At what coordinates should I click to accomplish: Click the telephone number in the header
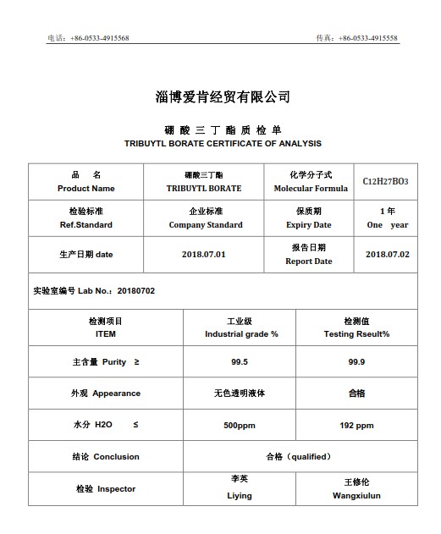[100, 38]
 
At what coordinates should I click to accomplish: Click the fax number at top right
[368, 38]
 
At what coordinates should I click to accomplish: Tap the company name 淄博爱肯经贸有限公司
[223, 96]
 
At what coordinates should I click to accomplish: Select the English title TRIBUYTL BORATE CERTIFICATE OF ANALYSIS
[223, 144]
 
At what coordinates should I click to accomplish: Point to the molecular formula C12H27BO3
[385, 181]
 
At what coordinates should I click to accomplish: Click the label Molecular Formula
[311, 188]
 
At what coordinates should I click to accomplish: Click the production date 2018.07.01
[204, 254]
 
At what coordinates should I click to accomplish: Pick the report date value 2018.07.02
[387, 254]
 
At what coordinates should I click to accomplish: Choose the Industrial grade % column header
[241, 333]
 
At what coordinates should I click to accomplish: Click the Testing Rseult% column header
[356, 333]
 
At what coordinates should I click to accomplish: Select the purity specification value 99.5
[240, 361]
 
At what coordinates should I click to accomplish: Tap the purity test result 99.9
[356, 361]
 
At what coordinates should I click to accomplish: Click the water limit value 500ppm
[240, 425]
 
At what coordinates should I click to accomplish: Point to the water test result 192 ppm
[356, 425]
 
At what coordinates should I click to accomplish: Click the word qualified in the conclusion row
[308, 456]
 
